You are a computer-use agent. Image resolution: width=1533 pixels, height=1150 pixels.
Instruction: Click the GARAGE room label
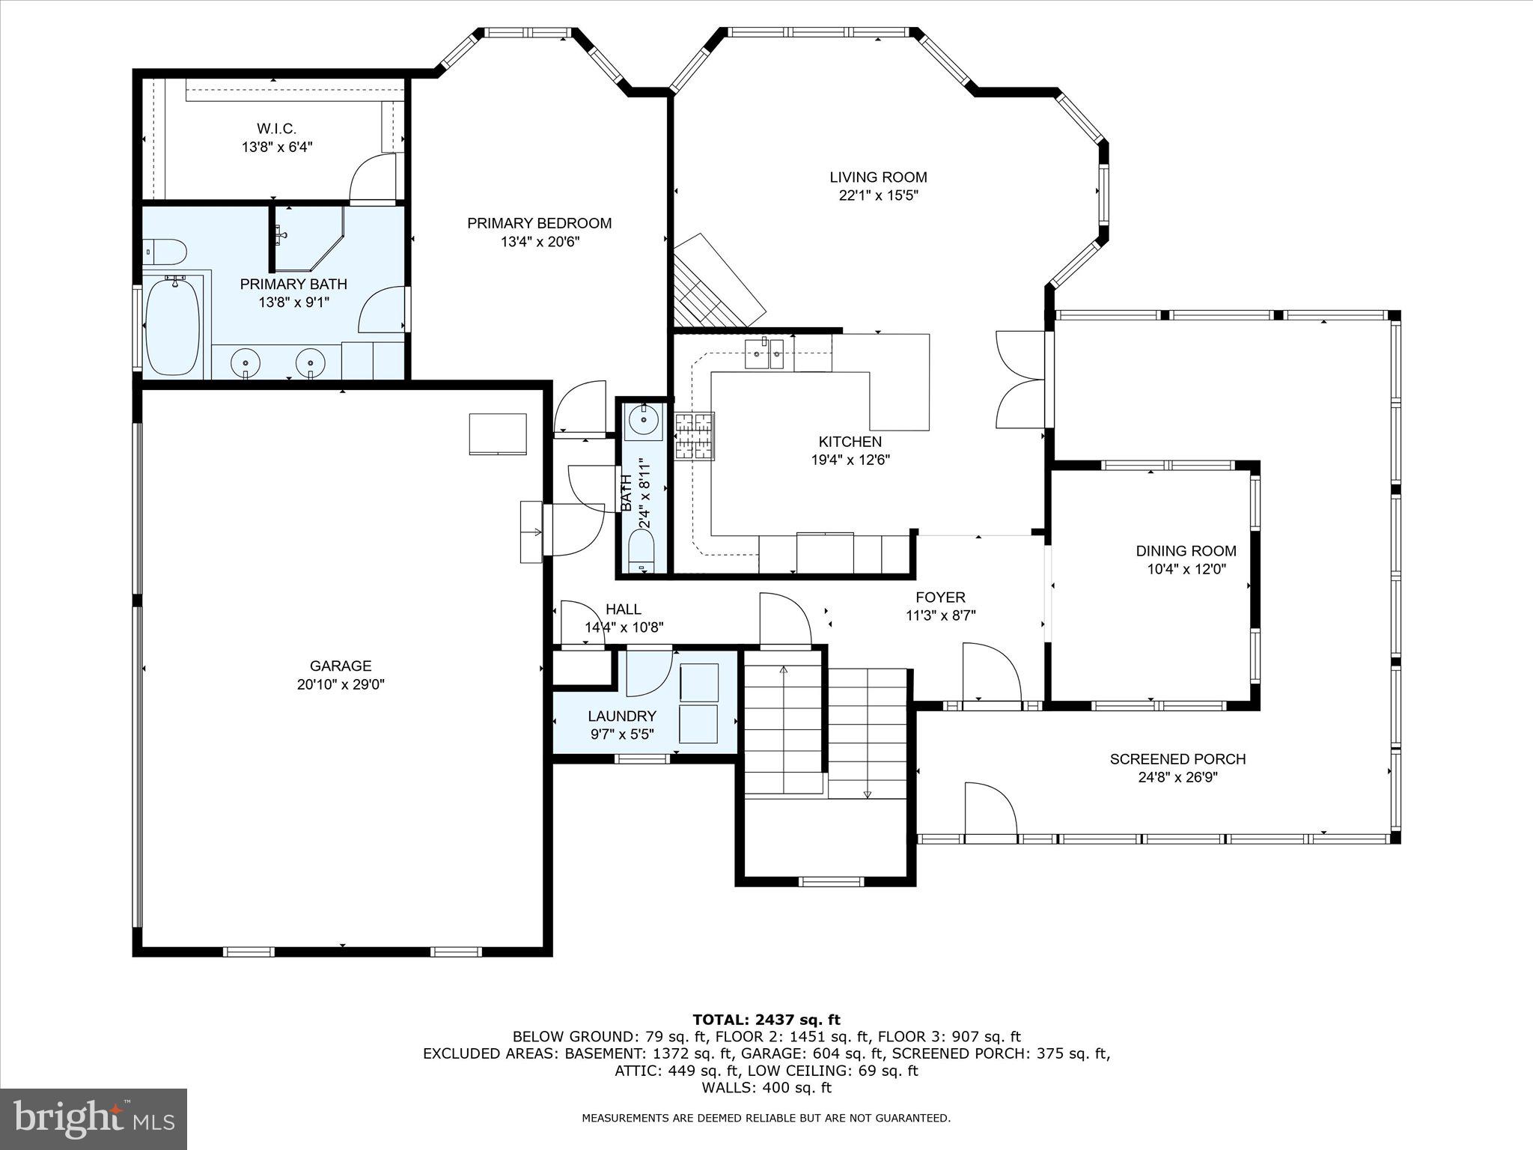click(x=341, y=666)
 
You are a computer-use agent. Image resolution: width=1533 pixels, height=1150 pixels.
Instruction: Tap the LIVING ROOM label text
click(x=878, y=177)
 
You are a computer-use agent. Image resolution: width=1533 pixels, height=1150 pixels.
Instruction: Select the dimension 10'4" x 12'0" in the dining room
click(x=1186, y=569)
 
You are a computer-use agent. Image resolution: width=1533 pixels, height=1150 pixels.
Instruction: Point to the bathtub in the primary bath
click(x=173, y=326)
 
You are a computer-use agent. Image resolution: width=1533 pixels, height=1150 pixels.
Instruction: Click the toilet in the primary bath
click(x=164, y=252)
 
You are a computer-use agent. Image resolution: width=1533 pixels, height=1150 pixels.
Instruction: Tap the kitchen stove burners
click(x=695, y=436)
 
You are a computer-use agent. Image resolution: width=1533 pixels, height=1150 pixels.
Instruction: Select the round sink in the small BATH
click(x=643, y=421)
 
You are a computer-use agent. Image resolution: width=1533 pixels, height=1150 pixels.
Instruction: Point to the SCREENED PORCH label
click(x=1177, y=759)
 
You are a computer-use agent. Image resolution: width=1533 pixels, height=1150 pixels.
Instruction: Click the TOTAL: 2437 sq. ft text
click(x=766, y=1020)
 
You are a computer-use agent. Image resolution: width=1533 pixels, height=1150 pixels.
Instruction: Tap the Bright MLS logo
click(x=94, y=1119)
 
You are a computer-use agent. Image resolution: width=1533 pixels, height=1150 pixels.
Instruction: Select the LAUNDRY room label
click(x=621, y=717)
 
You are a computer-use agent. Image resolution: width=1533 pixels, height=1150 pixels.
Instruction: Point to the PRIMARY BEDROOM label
click(x=539, y=223)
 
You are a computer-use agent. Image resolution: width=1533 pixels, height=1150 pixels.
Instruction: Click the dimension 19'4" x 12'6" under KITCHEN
click(x=850, y=460)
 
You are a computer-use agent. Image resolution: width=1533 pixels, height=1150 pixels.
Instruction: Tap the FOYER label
click(x=940, y=597)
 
